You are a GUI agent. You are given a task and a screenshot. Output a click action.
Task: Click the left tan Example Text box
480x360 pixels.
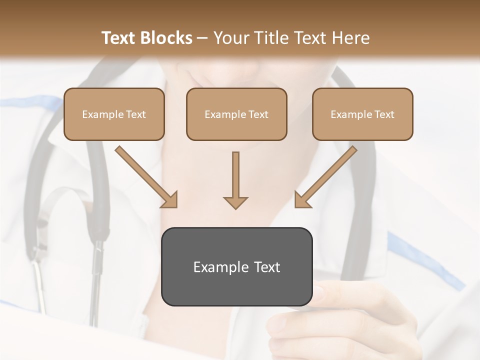coord(114,114)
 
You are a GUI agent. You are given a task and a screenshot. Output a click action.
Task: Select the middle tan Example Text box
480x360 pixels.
coord(236,114)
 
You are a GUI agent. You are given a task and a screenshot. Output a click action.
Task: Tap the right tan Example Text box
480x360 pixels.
coord(362,114)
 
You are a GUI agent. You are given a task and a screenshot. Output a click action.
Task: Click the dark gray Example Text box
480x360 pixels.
coord(236,266)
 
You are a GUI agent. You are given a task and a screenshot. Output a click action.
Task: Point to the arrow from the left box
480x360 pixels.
coord(145,175)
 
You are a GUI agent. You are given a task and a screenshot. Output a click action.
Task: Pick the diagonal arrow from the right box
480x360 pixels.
coord(326,176)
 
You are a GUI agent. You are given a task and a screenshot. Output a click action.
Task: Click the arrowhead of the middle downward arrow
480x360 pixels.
coord(235,202)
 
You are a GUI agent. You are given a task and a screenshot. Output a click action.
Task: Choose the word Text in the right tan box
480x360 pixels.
coord(384,114)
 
